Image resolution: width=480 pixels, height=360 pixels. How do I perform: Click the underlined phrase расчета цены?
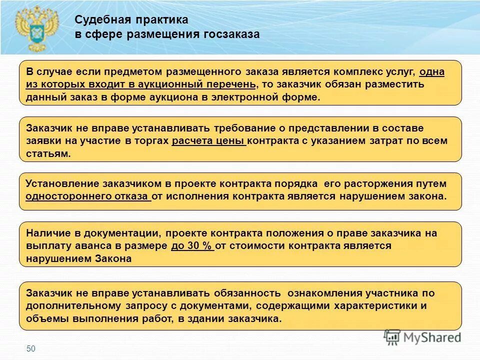point(208,140)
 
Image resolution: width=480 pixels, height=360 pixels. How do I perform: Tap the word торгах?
point(151,140)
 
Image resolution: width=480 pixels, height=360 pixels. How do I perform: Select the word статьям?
point(48,153)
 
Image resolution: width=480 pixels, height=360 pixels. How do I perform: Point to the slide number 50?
point(31,348)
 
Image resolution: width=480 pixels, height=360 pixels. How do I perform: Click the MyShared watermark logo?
point(422,337)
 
